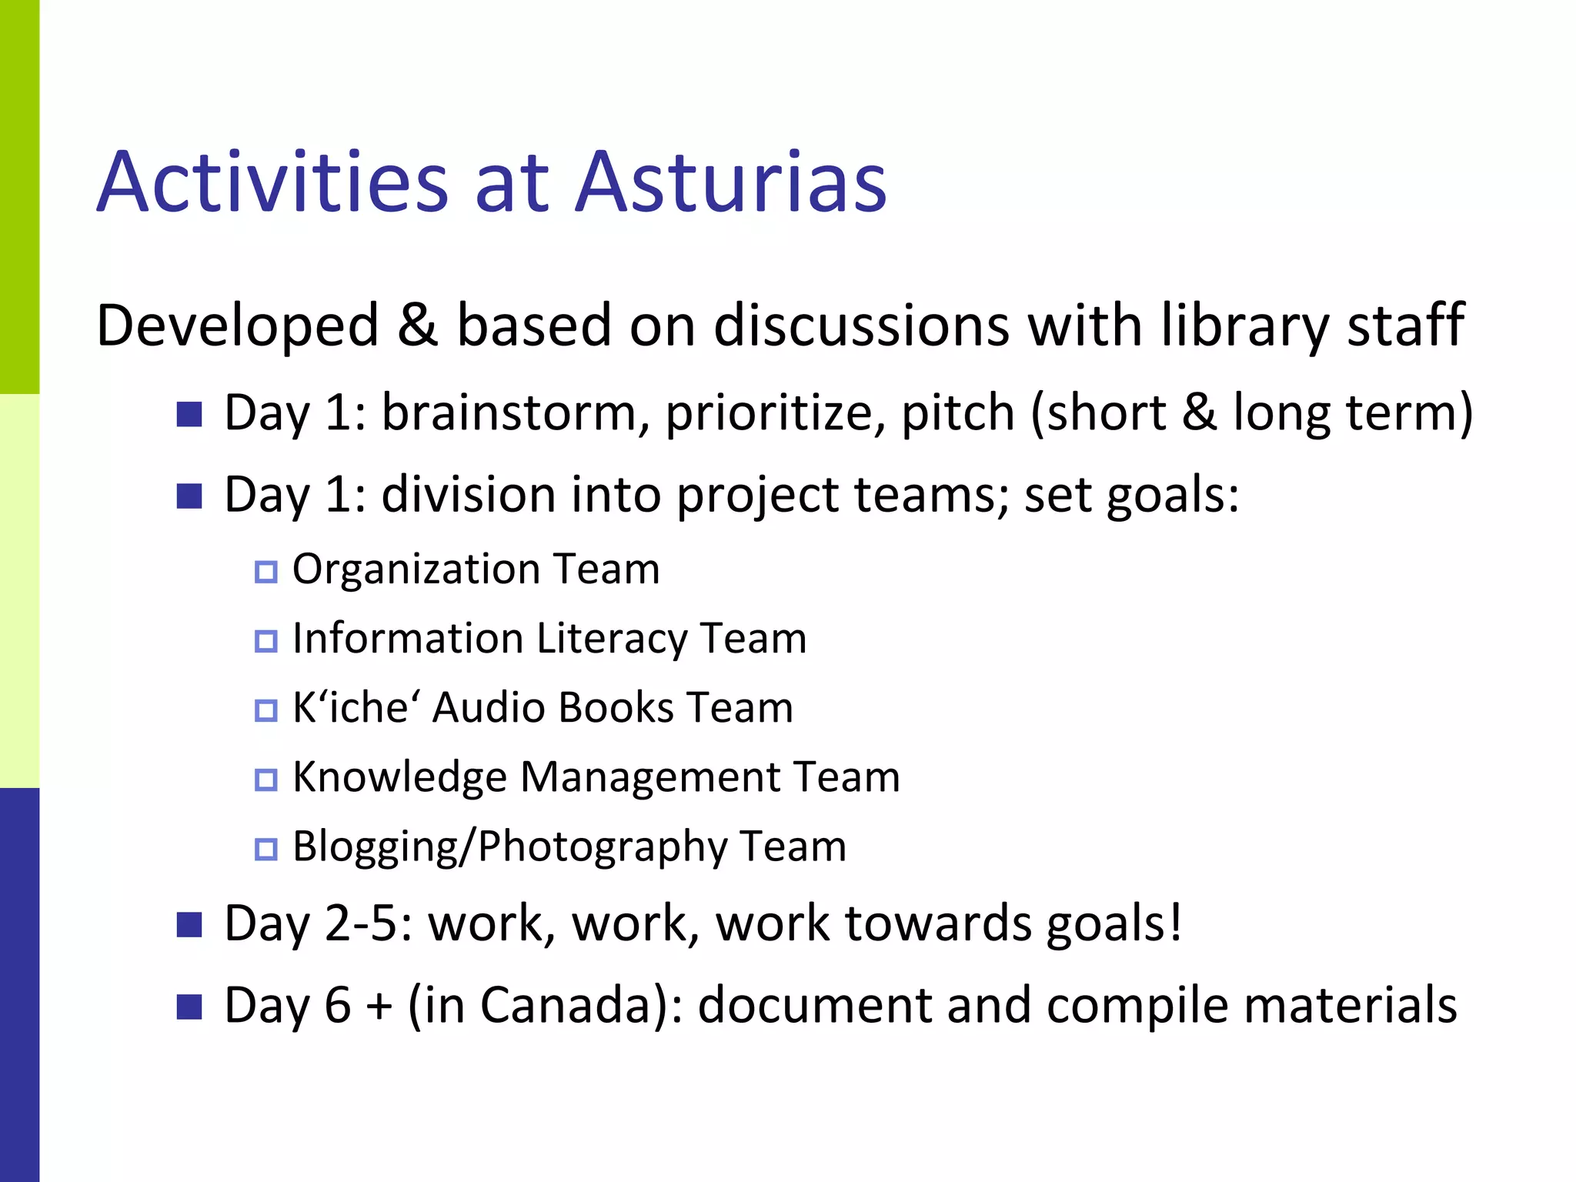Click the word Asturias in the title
pos(731,182)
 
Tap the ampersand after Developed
pos(418,325)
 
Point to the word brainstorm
pos(509,412)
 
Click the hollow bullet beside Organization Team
pos(265,572)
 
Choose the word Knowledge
pos(399,777)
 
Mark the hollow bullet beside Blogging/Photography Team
pos(265,849)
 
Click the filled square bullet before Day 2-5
pos(189,924)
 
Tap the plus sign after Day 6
pos(379,1007)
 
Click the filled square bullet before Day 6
pos(189,1007)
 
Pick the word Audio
pos(489,707)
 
